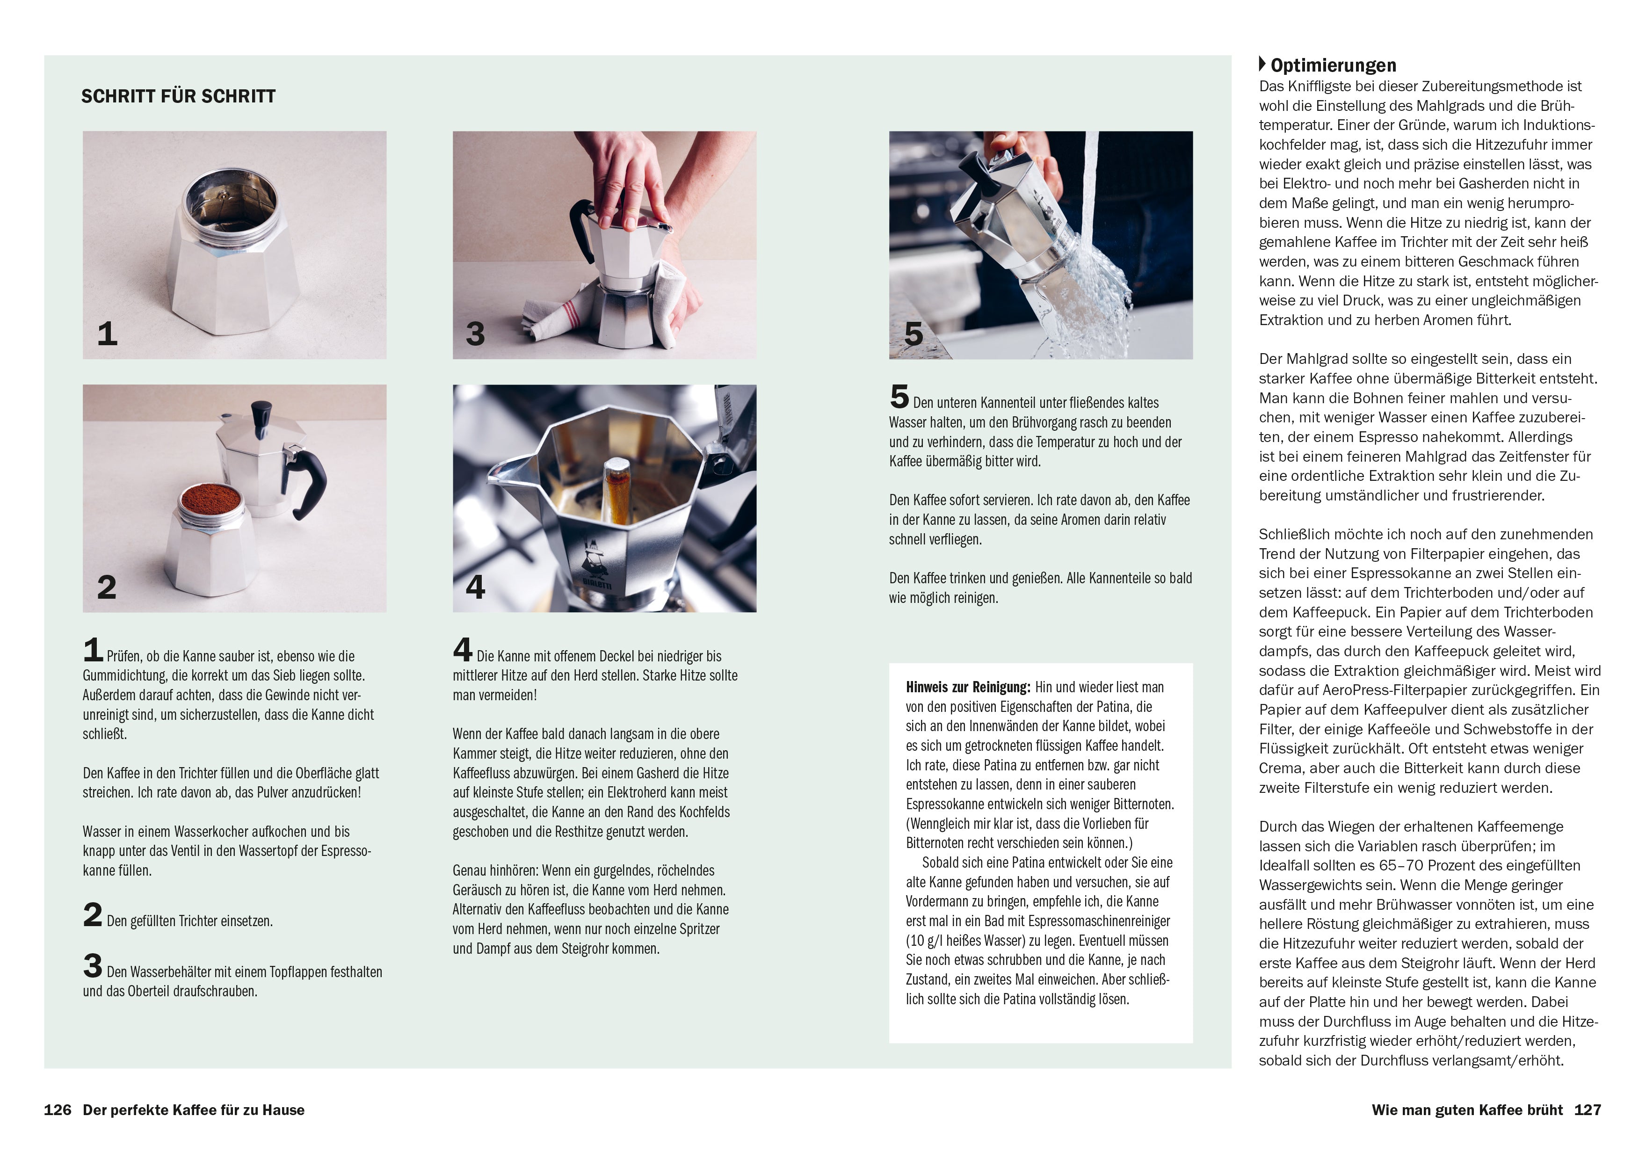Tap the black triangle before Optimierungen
point(1262,64)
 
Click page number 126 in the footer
point(58,1110)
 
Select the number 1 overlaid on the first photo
point(107,333)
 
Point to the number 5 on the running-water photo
point(914,333)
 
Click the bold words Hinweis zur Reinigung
point(968,687)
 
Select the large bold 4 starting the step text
point(463,650)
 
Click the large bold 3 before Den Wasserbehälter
point(93,966)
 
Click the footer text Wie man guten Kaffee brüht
point(1467,1110)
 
